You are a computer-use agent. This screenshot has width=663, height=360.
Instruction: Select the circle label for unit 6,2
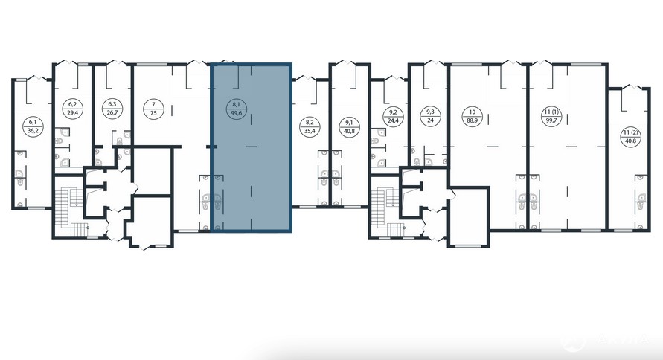pos(72,108)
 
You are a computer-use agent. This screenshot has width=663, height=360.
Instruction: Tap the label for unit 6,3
pos(112,108)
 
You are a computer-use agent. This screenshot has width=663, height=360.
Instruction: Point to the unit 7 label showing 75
pos(153,108)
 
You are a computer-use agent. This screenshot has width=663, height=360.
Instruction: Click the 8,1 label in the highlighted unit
pos(237,108)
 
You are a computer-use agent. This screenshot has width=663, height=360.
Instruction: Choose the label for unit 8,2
pos(309,126)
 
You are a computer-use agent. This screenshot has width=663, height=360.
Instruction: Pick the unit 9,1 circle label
pos(350,126)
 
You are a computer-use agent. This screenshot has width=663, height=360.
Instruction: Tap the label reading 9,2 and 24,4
pos(393,116)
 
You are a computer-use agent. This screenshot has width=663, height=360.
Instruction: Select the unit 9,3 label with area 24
pos(430,116)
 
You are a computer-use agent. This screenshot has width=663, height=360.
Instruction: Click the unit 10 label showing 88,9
pos(473,116)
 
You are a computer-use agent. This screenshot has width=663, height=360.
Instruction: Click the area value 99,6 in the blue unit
pos(237,113)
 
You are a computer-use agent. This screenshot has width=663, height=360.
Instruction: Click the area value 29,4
pos(72,113)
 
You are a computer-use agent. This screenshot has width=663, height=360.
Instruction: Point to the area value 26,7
pos(112,113)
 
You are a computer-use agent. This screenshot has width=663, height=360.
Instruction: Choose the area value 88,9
pos(473,120)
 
